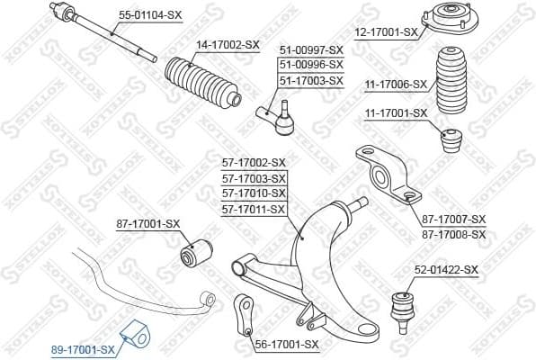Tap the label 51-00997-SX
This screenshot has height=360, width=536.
(x=311, y=49)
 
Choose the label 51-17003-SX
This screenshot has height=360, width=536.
(x=311, y=80)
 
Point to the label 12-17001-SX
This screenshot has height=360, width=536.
(x=385, y=32)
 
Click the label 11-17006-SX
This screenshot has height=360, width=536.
(x=395, y=84)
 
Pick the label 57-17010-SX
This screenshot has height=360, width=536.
(x=253, y=193)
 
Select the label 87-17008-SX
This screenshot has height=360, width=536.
(x=453, y=234)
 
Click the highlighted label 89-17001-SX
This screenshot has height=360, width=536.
(x=82, y=349)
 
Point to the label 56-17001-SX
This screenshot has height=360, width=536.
(x=287, y=344)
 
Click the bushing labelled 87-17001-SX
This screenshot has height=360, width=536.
(x=196, y=252)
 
